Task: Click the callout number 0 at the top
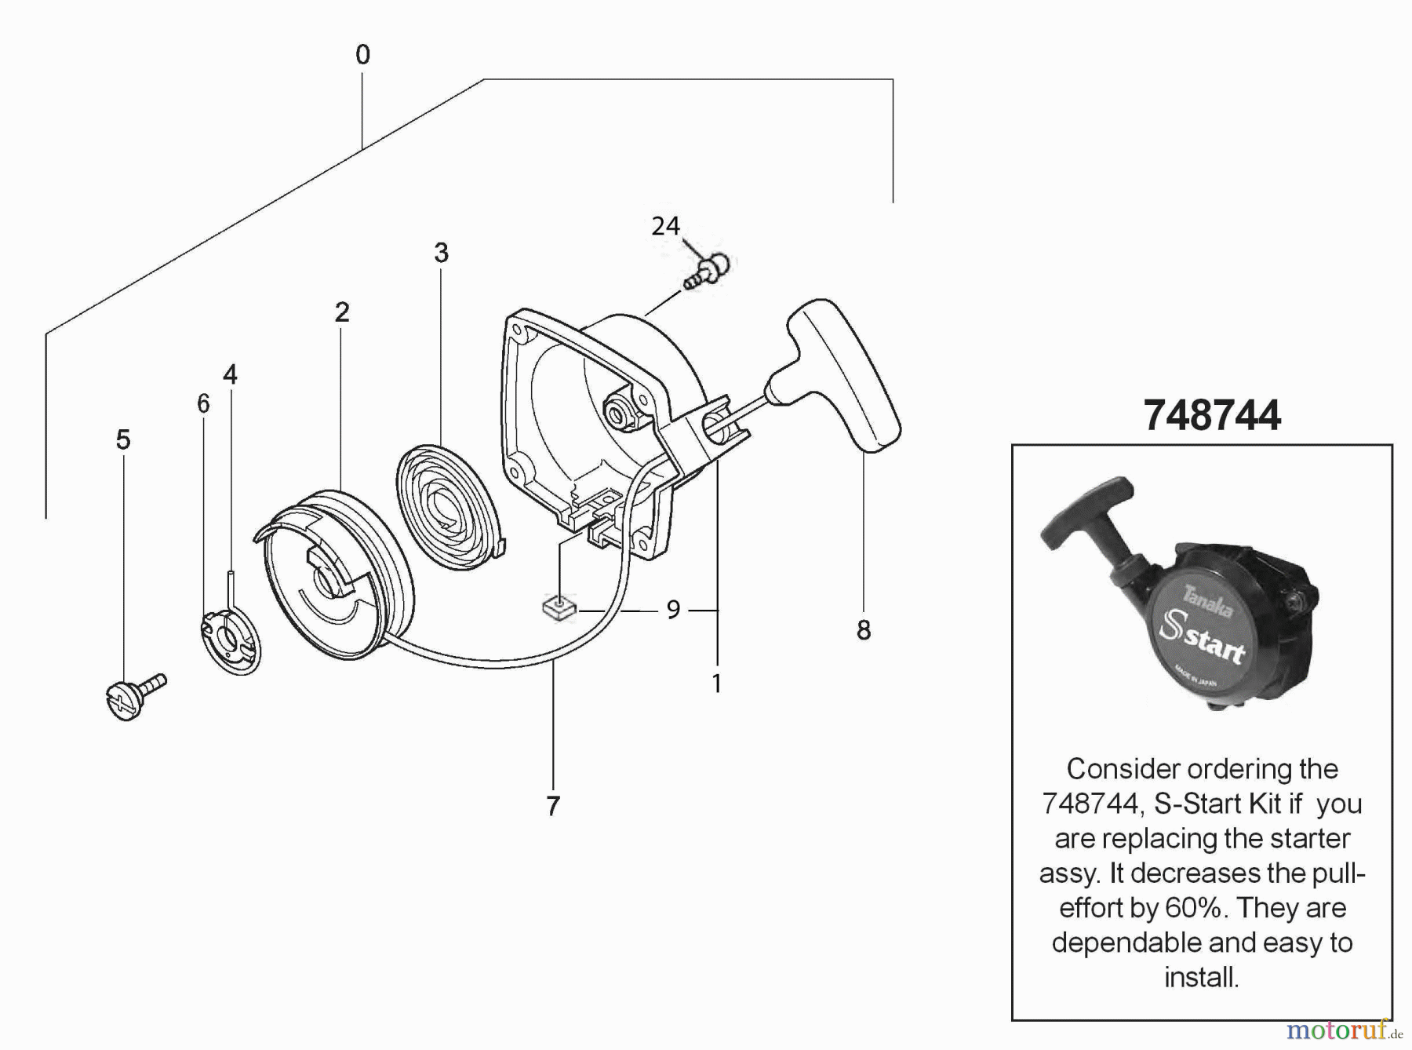[362, 55]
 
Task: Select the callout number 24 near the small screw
[665, 227]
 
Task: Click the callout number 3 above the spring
[442, 253]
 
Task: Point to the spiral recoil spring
[447, 506]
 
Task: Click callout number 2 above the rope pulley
[342, 312]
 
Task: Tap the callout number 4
[230, 374]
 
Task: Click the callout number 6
[203, 404]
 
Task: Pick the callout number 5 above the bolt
[123, 440]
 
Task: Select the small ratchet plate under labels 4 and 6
[230, 640]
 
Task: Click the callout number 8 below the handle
[864, 630]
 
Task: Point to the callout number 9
[673, 610]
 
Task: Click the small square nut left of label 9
[559, 609]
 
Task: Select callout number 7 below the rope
[553, 806]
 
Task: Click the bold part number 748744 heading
[1212, 415]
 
